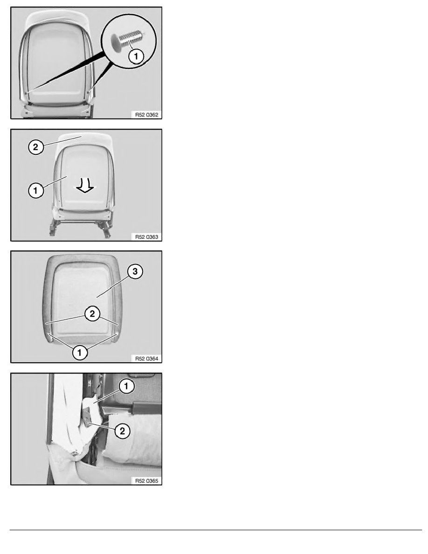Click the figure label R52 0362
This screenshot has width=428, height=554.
pos(146,115)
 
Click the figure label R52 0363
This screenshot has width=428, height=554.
pos(146,237)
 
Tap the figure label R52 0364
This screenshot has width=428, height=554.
pos(146,359)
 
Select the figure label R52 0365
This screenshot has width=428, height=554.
pos(146,481)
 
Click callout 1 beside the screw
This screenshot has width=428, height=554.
pos(136,56)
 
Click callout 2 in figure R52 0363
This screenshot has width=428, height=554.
pos(35,146)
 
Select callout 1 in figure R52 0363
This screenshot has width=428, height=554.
pos(35,191)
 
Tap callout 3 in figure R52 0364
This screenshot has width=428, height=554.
pos(135,271)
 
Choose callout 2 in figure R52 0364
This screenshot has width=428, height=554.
pos(92,313)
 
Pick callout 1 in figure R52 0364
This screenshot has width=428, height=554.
pos(80,352)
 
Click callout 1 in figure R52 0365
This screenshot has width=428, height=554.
pos(126,386)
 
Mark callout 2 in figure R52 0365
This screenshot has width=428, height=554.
pos(122,431)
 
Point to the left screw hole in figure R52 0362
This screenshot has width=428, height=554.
pos(27,93)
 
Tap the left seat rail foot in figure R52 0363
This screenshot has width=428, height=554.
pos(53,229)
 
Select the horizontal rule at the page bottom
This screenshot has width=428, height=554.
pos(216,530)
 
